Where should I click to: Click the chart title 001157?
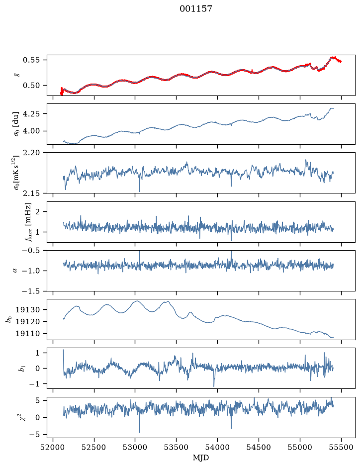click(x=195, y=9)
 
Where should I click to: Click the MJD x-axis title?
click(x=201, y=458)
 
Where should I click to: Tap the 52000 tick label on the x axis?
click(x=53, y=447)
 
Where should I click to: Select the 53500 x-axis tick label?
click(x=177, y=447)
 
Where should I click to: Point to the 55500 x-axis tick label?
click(x=341, y=447)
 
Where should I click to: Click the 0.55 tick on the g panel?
click(x=31, y=60)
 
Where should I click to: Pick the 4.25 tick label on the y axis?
click(x=31, y=114)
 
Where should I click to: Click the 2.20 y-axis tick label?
click(x=31, y=153)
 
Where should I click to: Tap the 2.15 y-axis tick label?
click(x=31, y=193)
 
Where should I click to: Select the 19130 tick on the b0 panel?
click(x=27, y=310)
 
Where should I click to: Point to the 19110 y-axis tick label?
click(x=27, y=334)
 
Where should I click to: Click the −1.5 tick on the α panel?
click(x=30, y=291)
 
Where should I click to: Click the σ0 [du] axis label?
click(x=16, y=124)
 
